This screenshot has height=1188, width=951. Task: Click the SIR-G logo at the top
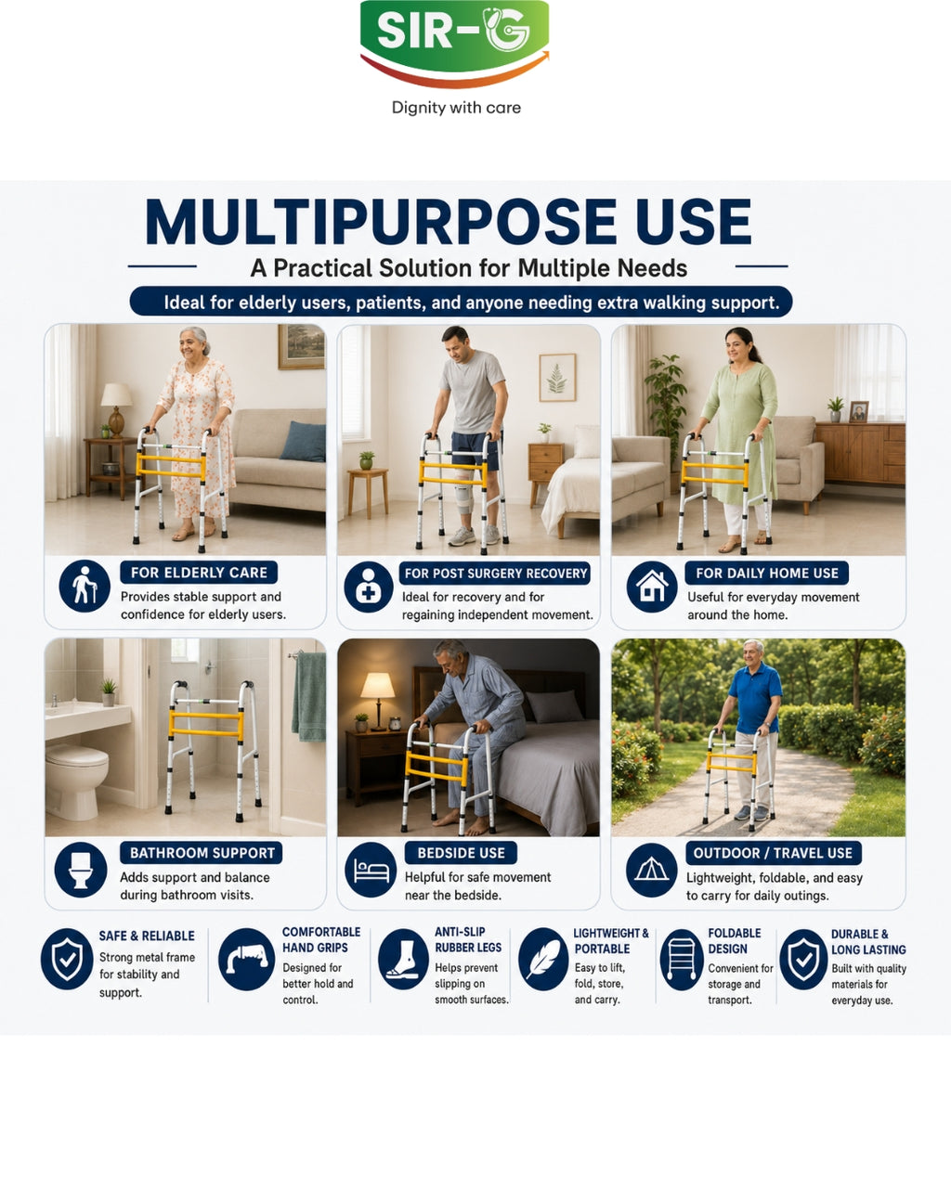tap(455, 43)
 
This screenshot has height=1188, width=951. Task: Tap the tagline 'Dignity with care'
tap(456, 108)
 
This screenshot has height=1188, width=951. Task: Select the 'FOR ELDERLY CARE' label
tap(199, 573)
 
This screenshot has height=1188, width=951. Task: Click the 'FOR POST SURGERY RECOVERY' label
tap(495, 574)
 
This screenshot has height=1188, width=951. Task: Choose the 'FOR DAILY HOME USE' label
tap(767, 573)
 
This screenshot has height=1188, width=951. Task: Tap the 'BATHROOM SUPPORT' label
tap(202, 853)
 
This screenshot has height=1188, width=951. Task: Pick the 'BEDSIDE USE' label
tap(461, 853)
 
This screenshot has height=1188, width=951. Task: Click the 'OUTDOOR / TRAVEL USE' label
tap(773, 854)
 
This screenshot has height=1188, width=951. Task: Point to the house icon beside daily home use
tap(652, 587)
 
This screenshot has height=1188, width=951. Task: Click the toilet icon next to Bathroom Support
tap(81, 870)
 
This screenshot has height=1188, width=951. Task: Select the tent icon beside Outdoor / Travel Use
tap(652, 870)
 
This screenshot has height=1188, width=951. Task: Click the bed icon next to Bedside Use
tap(371, 870)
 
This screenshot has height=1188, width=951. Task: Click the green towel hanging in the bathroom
tap(309, 697)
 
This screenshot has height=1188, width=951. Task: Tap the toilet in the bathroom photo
tap(76, 781)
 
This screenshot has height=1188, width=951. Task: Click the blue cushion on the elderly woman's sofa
tap(304, 441)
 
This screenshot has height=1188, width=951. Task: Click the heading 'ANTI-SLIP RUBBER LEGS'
tap(468, 939)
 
